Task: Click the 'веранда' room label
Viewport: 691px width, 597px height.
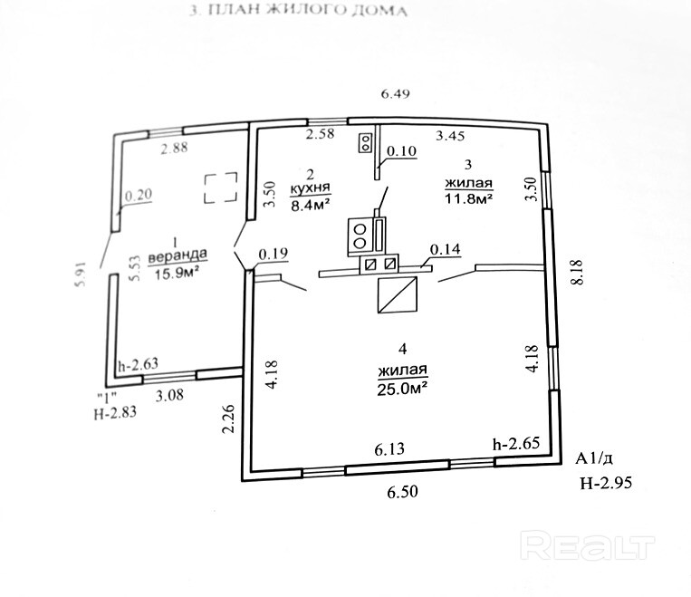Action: (178, 255)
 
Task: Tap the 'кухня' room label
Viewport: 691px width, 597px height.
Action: (311, 188)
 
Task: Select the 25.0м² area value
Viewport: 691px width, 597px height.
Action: (403, 389)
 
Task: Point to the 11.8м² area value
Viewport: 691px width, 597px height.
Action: (468, 198)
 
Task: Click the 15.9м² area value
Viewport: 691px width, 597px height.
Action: (176, 274)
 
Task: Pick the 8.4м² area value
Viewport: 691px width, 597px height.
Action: (312, 204)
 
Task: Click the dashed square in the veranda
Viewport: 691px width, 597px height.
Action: (221, 188)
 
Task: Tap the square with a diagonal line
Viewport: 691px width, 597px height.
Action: (398, 295)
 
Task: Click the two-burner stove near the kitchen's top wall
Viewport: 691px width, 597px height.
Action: (366, 142)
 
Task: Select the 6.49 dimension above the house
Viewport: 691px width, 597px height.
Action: (395, 94)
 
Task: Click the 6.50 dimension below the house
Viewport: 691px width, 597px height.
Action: (402, 491)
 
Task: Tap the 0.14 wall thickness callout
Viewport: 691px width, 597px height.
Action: (445, 249)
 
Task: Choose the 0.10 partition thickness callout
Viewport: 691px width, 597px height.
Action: (401, 151)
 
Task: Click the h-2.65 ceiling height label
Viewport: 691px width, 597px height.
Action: (516, 443)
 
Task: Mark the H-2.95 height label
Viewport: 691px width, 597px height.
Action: (607, 483)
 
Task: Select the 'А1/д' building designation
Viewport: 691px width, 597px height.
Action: (593, 459)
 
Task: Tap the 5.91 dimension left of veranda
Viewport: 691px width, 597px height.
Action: (82, 275)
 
